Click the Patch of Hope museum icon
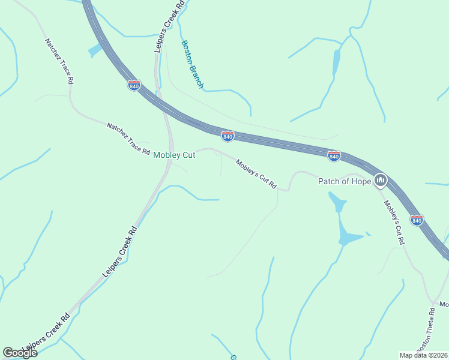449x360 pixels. [380, 180]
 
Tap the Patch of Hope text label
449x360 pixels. [344, 181]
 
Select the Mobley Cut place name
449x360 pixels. [174, 155]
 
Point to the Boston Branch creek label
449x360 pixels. [193, 64]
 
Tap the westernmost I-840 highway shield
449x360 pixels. [134, 86]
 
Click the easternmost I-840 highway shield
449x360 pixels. [417, 220]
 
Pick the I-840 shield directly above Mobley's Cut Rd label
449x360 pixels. [228, 137]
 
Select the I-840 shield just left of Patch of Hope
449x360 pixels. [334, 156]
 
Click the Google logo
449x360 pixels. [20, 353]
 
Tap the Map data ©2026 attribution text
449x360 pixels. [423, 355]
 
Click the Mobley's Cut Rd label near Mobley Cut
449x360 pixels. [256, 174]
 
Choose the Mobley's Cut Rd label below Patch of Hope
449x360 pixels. [394, 221]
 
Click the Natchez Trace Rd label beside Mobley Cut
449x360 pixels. [128, 139]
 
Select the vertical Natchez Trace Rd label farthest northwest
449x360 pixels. [59, 61]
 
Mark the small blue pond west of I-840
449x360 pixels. [95, 50]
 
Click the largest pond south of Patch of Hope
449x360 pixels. [347, 236]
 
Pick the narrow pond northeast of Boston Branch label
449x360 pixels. [336, 61]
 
